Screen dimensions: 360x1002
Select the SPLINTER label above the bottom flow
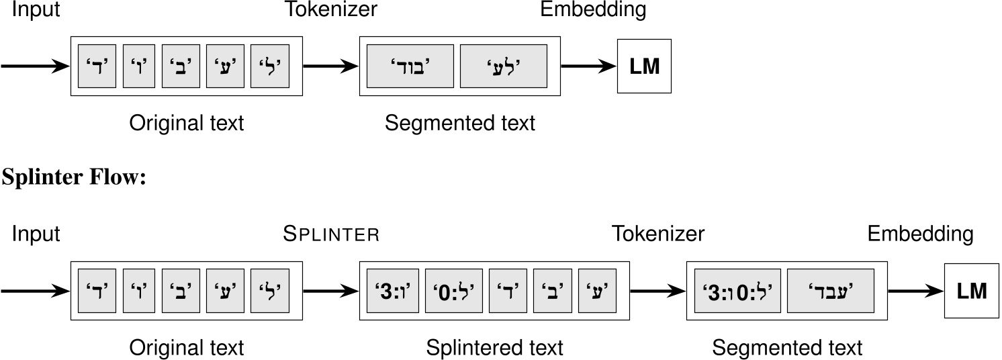(x=332, y=234)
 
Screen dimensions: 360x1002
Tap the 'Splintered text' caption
(x=494, y=348)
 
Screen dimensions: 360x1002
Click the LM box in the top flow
(x=643, y=66)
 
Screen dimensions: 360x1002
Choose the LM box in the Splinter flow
(x=971, y=291)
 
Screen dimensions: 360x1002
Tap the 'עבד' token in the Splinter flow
(x=830, y=291)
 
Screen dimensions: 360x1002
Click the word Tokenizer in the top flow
(x=331, y=10)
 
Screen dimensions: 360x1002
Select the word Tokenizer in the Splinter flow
(x=657, y=234)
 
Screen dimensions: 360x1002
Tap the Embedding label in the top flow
(x=593, y=10)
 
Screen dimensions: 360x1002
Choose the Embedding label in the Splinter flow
(x=920, y=234)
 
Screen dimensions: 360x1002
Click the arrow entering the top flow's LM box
(x=588, y=66)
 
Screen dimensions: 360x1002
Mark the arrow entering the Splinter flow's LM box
(x=915, y=291)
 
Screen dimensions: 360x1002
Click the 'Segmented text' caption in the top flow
(x=460, y=124)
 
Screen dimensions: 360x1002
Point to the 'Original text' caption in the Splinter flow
(x=187, y=348)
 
